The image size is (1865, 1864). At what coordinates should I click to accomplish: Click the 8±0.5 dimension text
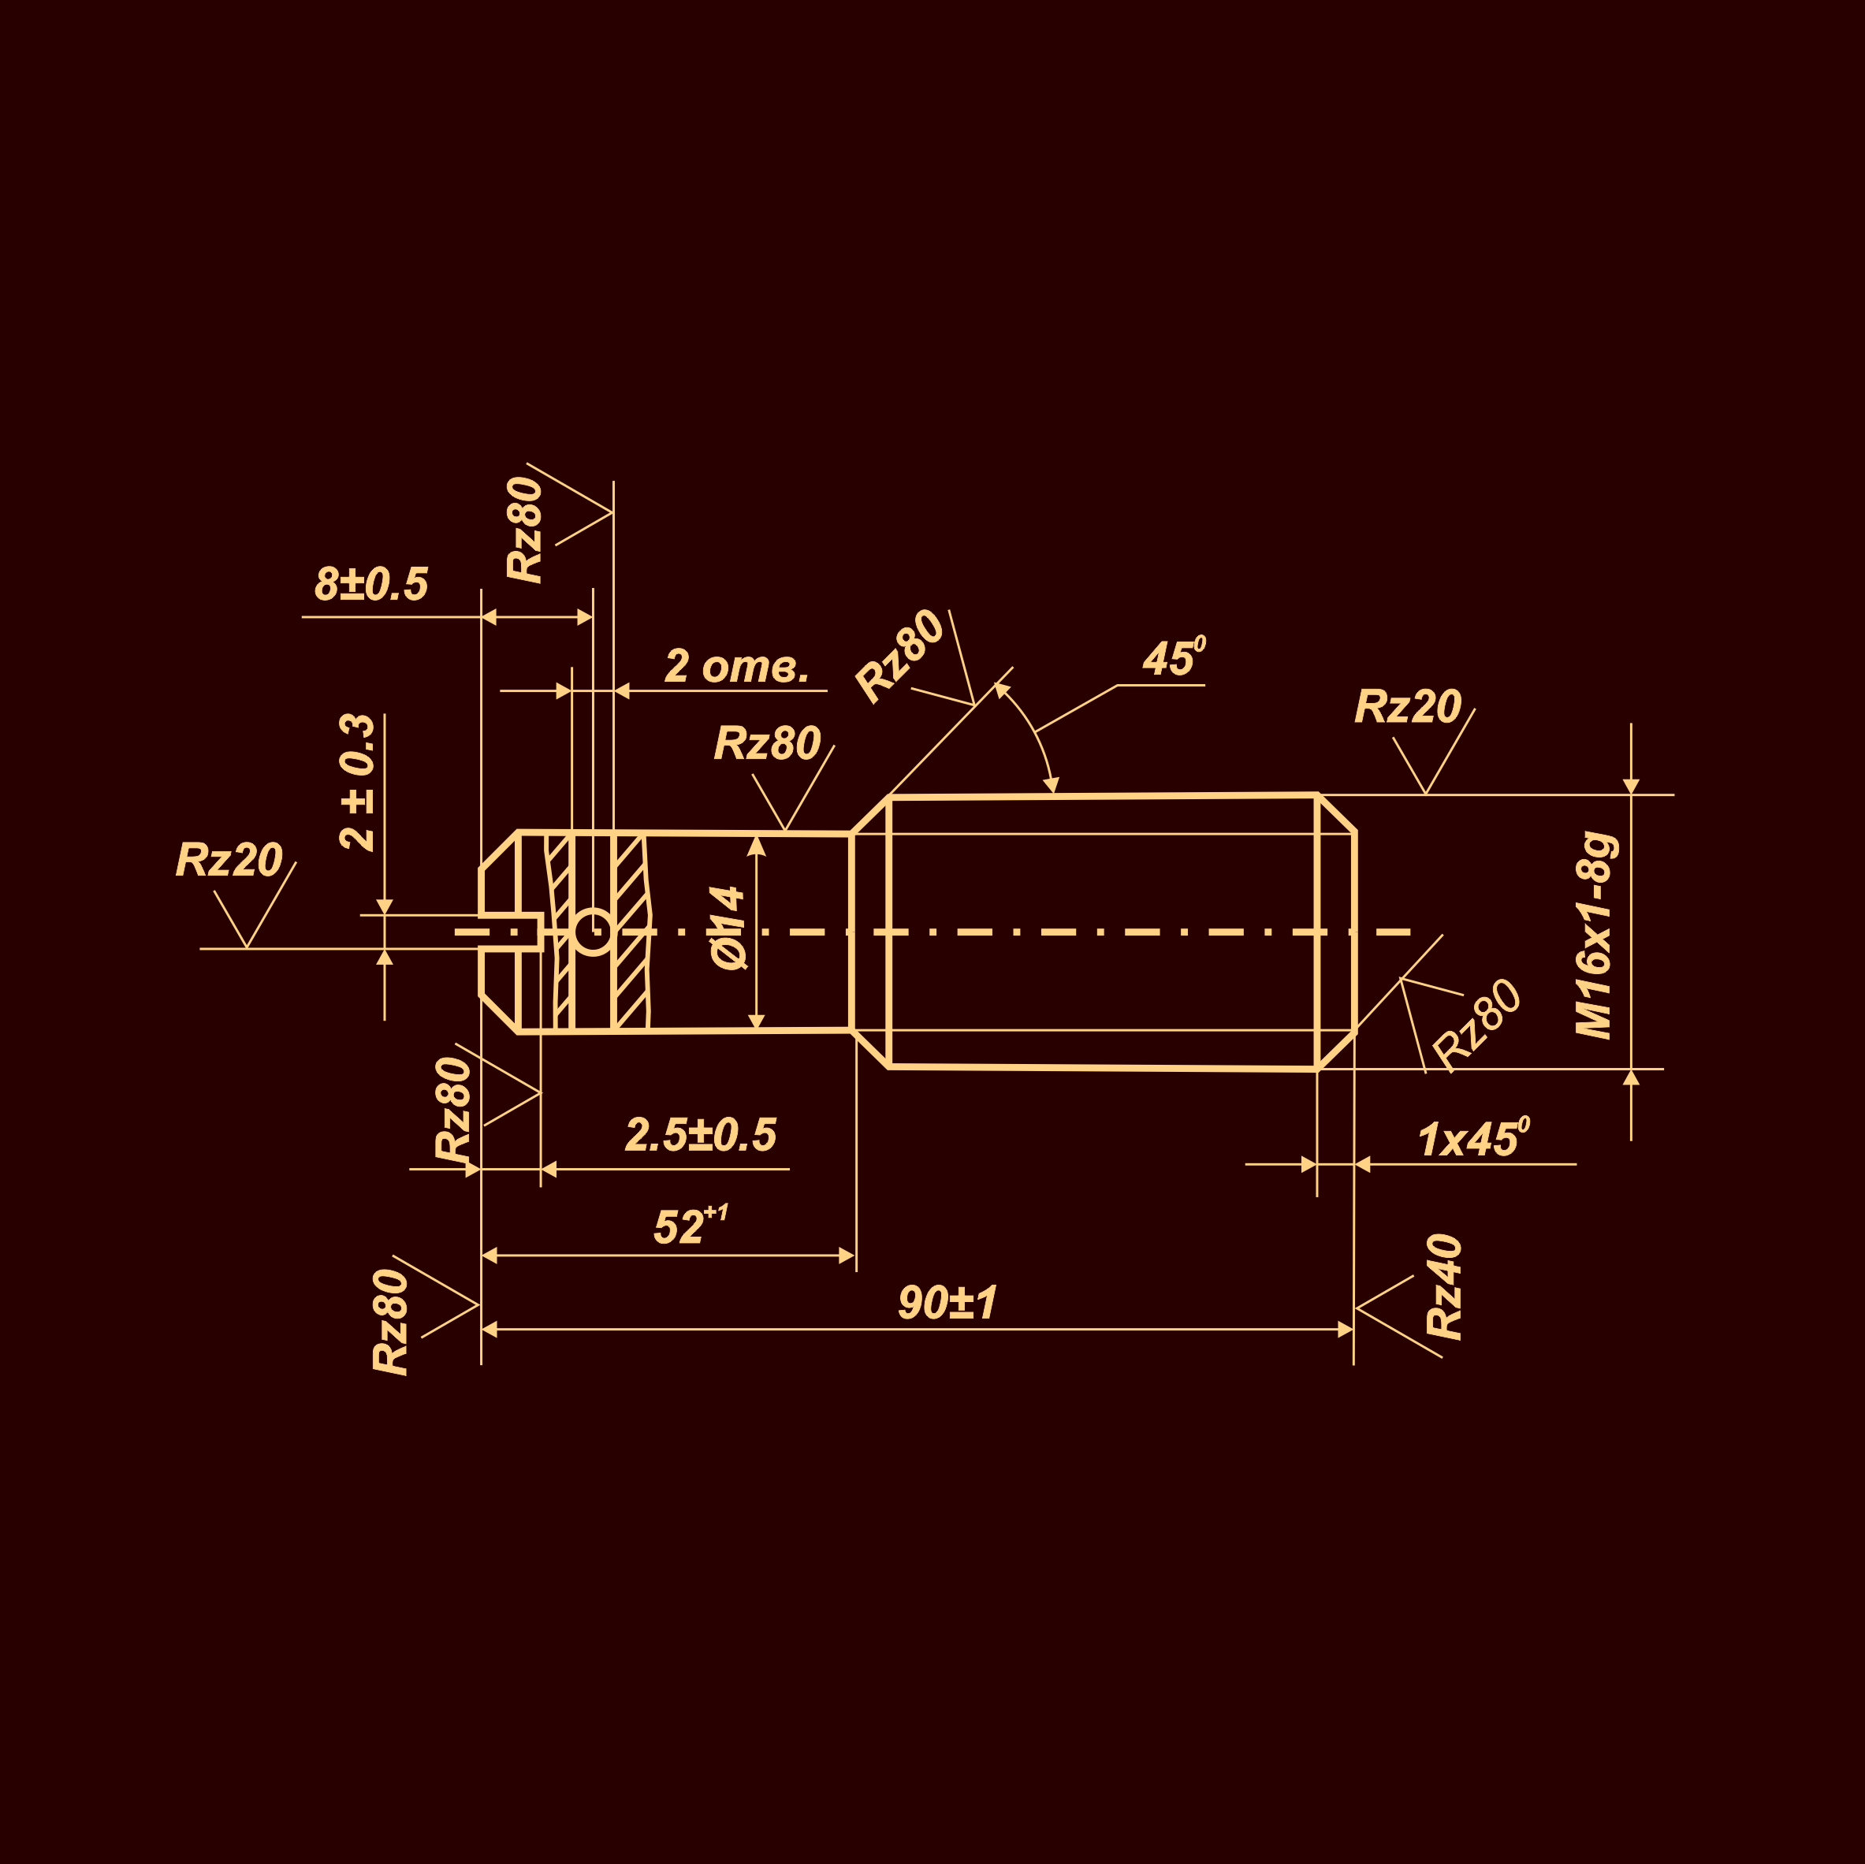370,585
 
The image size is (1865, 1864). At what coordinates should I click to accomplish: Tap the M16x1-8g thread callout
1595,936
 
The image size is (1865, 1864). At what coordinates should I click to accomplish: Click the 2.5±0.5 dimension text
700,1135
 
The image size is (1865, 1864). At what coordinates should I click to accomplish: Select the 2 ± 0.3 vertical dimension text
356,782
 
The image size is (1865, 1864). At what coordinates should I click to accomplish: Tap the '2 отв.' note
735,667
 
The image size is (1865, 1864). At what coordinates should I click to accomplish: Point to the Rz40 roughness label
1445,1288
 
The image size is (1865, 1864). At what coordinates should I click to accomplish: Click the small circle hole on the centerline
593,932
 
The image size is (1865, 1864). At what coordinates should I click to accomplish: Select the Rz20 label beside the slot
229,860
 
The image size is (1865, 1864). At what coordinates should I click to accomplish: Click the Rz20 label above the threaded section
1408,707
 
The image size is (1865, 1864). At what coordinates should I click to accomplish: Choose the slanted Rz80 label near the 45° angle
899,657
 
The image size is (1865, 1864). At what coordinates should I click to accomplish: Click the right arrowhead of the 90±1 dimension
1346,1330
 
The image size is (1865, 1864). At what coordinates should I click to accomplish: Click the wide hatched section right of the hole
629,932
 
